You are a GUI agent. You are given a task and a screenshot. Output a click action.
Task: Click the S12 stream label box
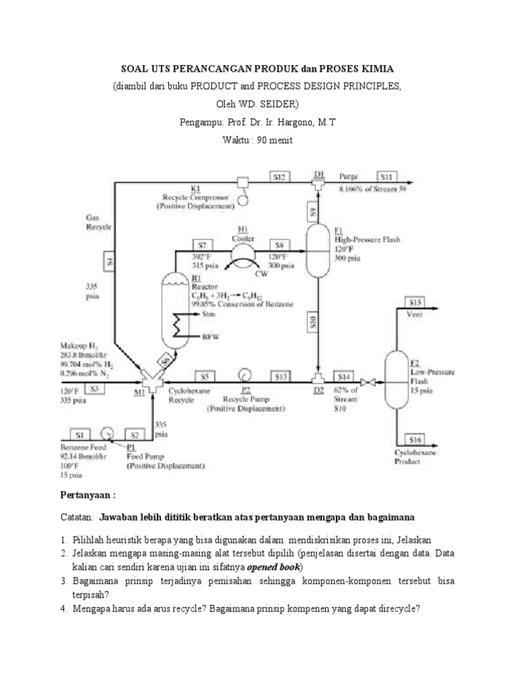[x=279, y=177]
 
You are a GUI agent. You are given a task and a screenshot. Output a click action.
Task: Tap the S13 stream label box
[x=282, y=376]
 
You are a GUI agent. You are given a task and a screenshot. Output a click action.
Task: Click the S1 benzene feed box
[x=79, y=435]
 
